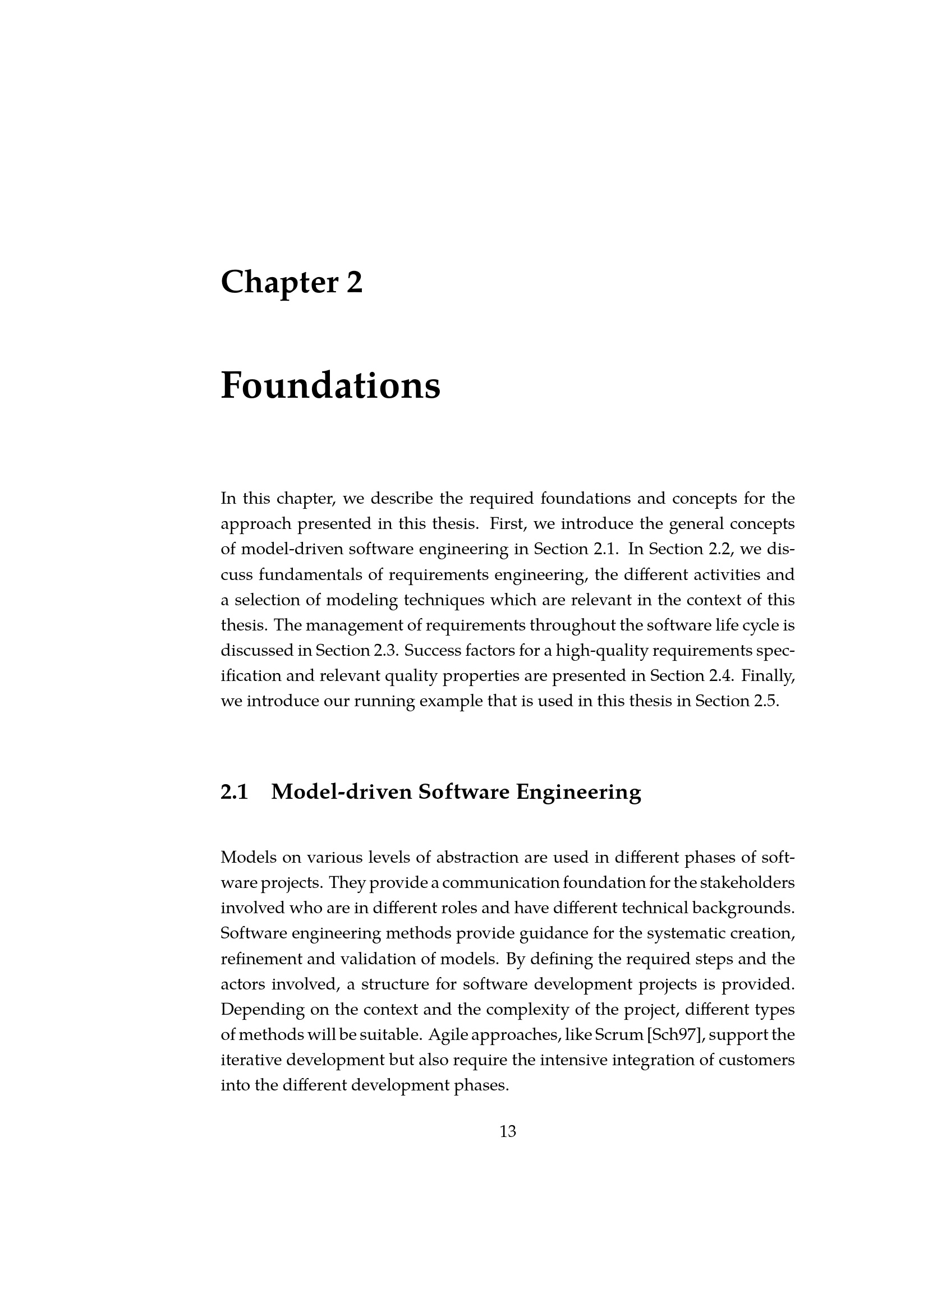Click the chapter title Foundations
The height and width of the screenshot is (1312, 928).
(x=330, y=386)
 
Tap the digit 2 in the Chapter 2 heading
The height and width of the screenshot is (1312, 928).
(x=354, y=282)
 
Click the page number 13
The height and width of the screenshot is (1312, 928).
(x=507, y=1131)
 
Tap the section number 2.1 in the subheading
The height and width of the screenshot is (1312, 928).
(x=235, y=792)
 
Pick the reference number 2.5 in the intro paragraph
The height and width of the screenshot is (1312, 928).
(x=766, y=701)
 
